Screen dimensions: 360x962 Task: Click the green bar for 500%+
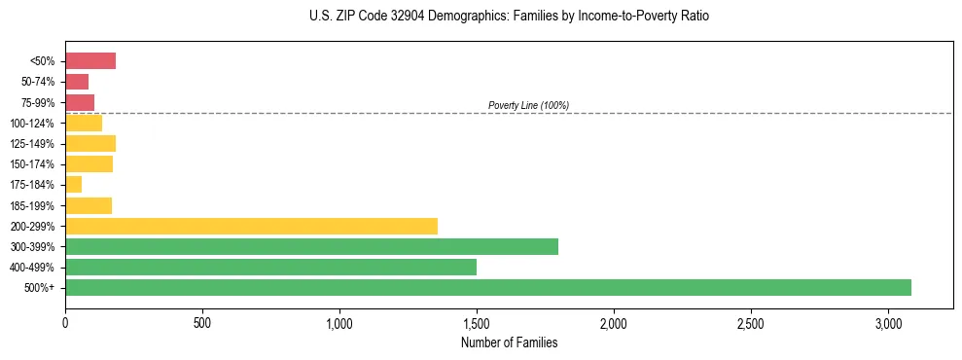487,287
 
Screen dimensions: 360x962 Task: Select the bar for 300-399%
311,246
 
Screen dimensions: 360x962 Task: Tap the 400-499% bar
270,267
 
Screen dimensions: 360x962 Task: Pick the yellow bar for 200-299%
251,226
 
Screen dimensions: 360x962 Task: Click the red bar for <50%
90,61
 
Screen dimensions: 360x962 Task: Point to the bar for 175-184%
73,185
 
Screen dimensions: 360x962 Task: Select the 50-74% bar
77,82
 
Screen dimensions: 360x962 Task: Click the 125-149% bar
90,143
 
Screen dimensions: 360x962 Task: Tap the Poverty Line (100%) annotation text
528,105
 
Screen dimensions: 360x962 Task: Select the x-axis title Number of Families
509,342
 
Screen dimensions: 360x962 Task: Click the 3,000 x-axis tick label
888,322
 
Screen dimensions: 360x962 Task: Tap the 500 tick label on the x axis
202,322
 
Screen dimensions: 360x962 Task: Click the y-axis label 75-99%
38,102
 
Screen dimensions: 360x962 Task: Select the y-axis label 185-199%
34,205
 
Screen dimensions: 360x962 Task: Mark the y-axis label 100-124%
34,123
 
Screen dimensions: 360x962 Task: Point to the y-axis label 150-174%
34,164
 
